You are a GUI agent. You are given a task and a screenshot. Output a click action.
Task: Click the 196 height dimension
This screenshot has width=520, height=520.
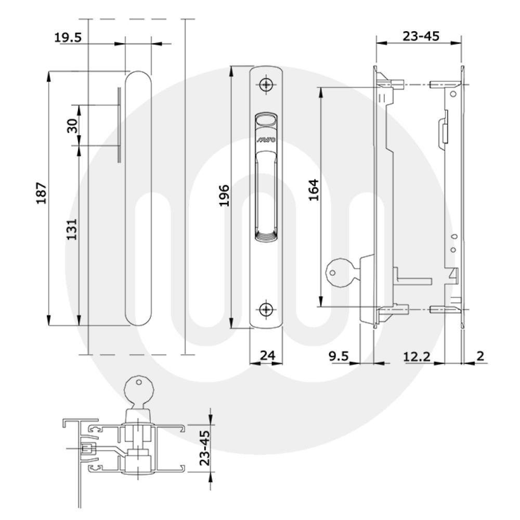[224, 196]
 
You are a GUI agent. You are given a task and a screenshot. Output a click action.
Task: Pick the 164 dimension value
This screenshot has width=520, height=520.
[313, 190]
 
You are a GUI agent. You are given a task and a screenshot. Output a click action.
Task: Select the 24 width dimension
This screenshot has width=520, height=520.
[267, 355]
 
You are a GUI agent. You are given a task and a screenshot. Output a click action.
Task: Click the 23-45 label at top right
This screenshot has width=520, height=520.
[421, 36]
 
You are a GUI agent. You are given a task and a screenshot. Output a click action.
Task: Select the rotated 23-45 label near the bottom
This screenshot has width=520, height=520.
[204, 448]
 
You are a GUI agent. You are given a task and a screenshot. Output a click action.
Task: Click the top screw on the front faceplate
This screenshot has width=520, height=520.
[267, 84]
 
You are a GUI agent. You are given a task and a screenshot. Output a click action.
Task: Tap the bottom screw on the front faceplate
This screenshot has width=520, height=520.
[267, 309]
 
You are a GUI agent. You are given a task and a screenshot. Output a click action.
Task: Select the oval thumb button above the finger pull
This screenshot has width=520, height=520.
[267, 120]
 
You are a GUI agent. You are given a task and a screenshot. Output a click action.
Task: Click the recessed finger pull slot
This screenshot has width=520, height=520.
[267, 198]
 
